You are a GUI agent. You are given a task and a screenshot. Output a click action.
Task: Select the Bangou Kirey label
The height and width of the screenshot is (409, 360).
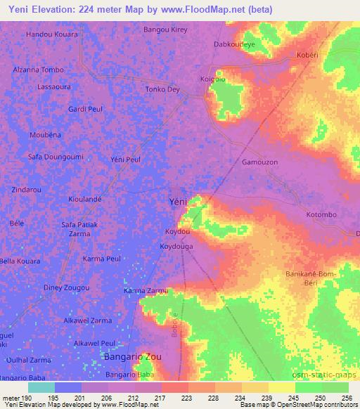coord(165,30)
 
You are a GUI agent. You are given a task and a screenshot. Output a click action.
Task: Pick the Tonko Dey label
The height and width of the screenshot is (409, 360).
coord(162,89)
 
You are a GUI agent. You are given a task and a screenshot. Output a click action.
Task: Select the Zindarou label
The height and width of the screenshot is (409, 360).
coord(26,190)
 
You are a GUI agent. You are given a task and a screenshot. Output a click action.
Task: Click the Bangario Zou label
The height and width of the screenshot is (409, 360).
coord(132,357)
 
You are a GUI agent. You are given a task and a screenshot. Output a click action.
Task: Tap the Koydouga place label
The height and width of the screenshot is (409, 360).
coord(176,247)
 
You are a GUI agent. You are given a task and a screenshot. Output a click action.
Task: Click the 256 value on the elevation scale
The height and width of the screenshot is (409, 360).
coord(345,398)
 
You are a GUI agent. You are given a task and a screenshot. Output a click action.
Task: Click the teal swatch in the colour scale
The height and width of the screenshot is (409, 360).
coord(41,387)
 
